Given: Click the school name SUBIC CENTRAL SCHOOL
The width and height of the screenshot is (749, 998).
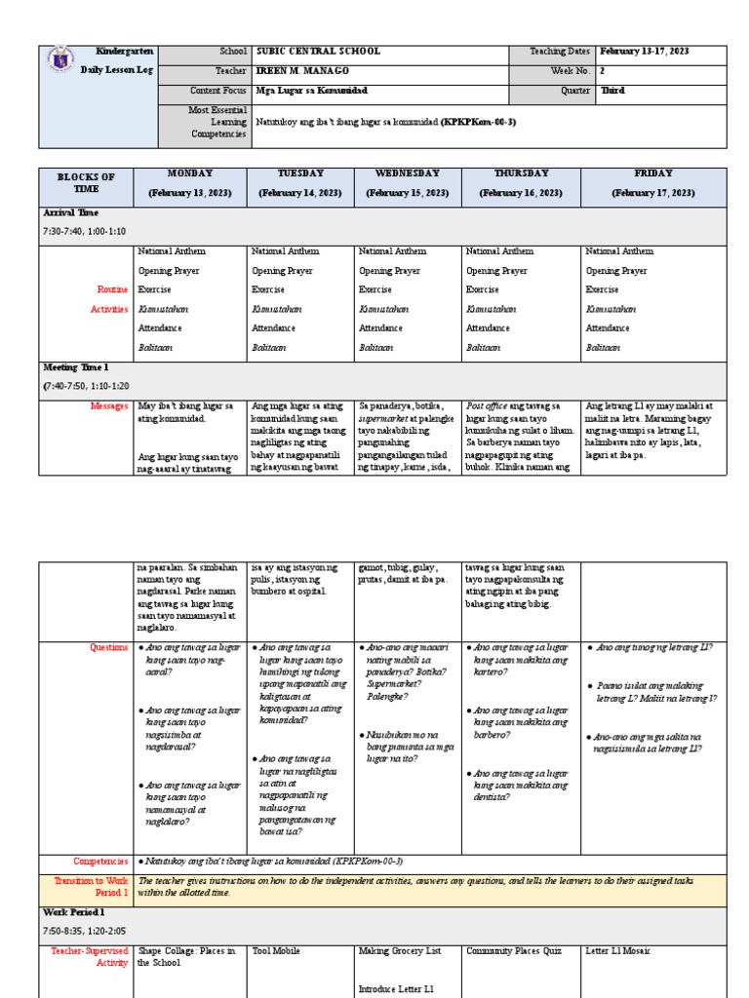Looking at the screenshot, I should (x=318, y=51).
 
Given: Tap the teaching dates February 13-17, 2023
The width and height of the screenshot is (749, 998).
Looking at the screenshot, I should (x=645, y=51).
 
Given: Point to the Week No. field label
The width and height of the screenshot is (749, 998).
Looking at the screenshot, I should (x=572, y=70).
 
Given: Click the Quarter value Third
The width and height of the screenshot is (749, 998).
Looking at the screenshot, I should (x=612, y=90).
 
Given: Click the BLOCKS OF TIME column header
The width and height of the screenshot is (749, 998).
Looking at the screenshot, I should (x=86, y=183).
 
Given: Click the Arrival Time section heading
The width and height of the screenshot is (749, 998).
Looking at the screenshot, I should (x=70, y=211).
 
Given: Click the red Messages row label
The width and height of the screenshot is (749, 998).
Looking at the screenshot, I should (x=108, y=405).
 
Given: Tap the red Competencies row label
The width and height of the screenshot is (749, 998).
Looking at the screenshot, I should (x=100, y=862).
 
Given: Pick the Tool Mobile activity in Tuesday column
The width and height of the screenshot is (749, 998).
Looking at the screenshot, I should (x=277, y=950).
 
